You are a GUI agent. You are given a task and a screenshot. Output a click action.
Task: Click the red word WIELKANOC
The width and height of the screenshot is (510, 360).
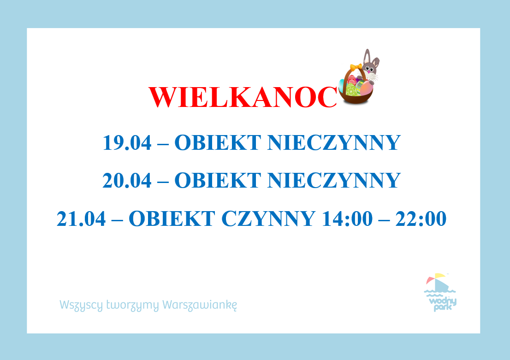pyautogui.click(x=243, y=97)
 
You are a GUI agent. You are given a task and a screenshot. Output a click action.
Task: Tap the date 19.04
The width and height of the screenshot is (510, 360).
pyautogui.click(x=127, y=142)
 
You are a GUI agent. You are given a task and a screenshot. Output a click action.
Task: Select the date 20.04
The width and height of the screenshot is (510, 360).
pyautogui.click(x=127, y=180)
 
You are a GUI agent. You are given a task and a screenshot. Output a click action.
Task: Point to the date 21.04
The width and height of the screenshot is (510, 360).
pyautogui.click(x=81, y=218)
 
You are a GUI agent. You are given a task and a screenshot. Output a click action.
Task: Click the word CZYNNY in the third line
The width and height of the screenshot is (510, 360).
pyautogui.click(x=268, y=218)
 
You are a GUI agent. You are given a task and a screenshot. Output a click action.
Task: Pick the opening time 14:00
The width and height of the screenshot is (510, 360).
pyautogui.click(x=347, y=218)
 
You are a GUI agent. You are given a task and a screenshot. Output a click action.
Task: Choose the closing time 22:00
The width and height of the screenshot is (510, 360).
pyautogui.click(x=421, y=218)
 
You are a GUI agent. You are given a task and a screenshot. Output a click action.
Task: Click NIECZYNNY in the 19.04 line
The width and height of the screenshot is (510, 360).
pyautogui.click(x=334, y=142)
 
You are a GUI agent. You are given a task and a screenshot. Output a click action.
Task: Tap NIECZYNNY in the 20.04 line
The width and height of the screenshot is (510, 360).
pyautogui.click(x=334, y=180)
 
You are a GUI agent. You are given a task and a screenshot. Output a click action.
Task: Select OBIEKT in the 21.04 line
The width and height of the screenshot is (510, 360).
pyautogui.click(x=172, y=218)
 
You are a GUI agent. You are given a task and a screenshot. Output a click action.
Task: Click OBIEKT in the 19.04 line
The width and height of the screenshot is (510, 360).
pyautogui.click(x=218, y=142)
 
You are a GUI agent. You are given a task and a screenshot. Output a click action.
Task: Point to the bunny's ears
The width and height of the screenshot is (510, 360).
pyautogui.click(x=371, y=57)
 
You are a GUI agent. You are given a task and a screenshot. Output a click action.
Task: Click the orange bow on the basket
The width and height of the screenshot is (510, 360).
pyautogui.click(x=356, y=67)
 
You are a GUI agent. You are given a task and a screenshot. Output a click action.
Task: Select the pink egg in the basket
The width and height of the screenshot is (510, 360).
pyautogui.click(x=366, y=88)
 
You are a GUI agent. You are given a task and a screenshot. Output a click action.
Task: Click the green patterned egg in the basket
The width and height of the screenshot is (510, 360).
pyautogui.click(x=352, y=89)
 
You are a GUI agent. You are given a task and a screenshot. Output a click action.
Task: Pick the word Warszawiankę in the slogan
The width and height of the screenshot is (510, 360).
pyautogui.click(x=200, y=305)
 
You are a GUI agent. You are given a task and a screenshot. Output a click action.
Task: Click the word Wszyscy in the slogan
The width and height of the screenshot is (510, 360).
pyautogui.click(x=81, y=306)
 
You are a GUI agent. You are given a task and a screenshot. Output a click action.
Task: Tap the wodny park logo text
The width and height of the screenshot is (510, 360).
pyautogui.click(x=443, y=304)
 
